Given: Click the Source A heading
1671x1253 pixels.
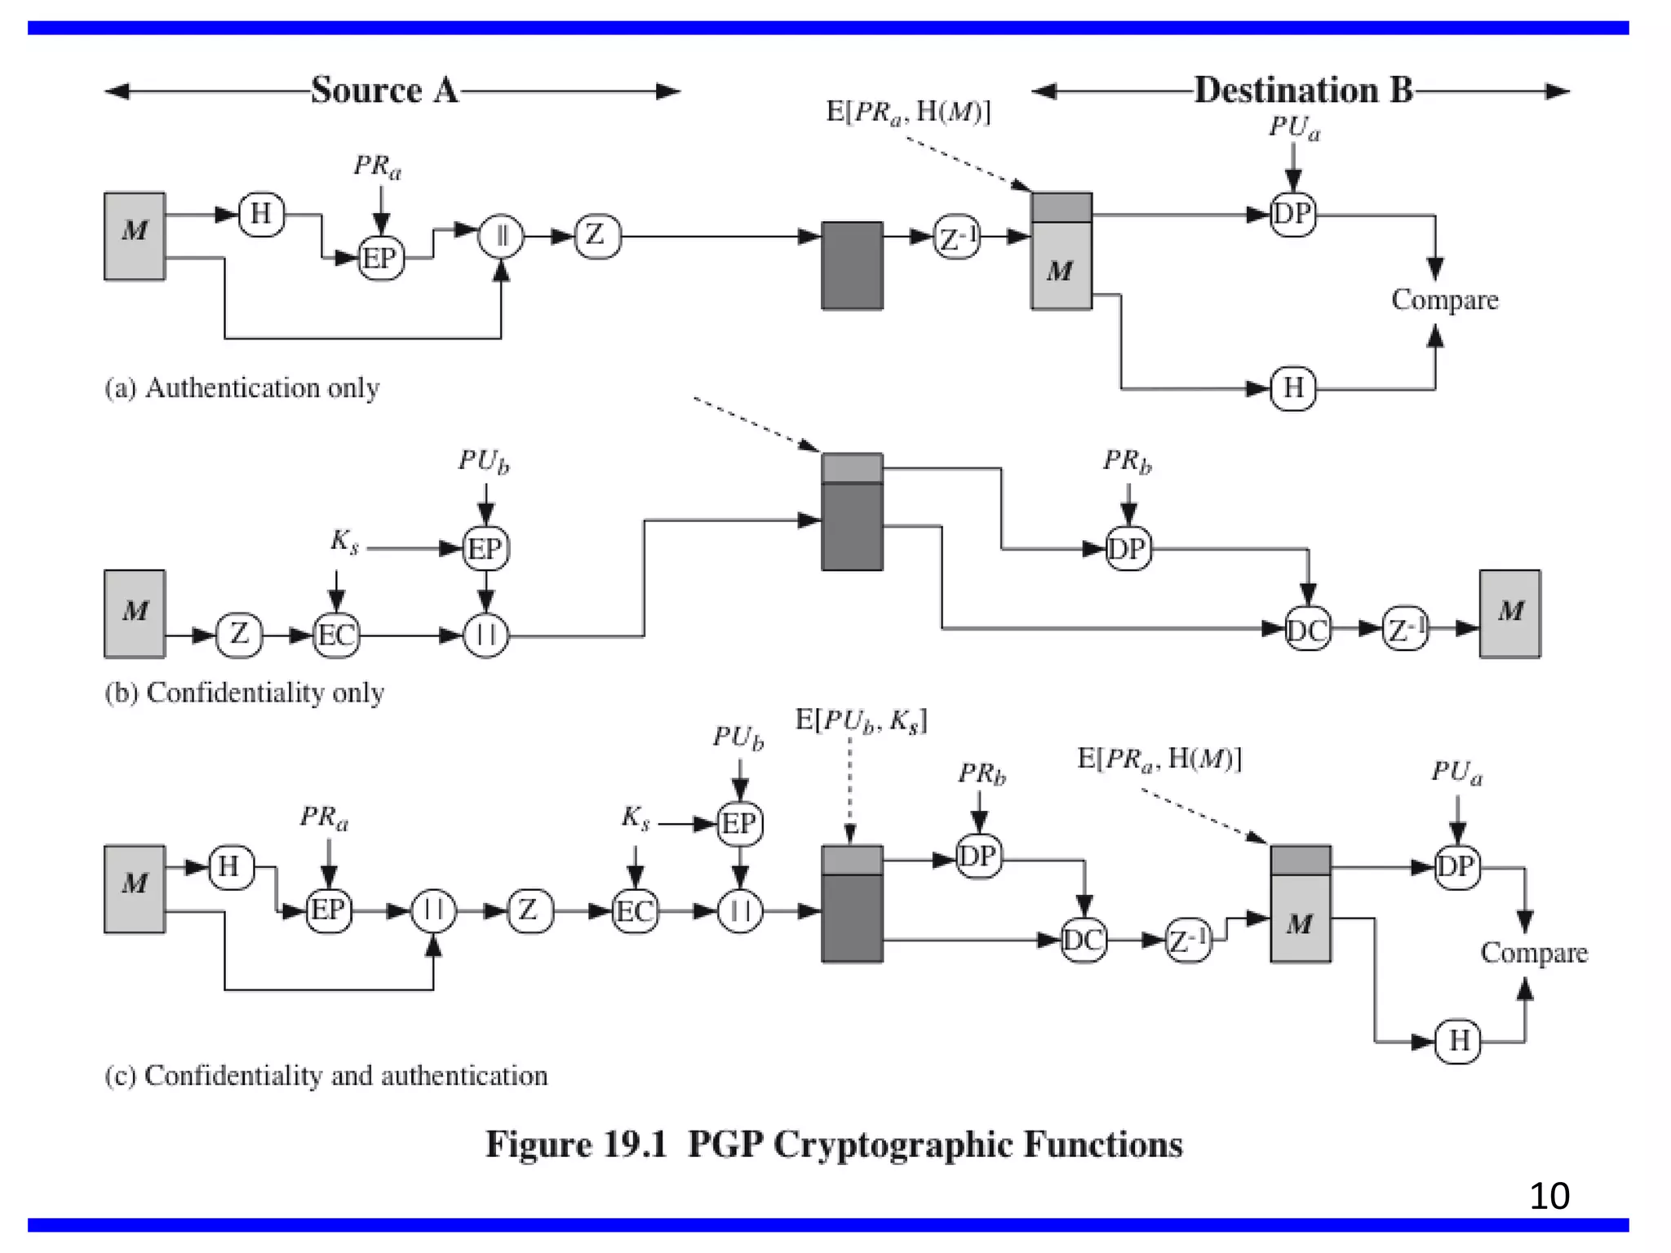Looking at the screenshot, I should pos(383,90).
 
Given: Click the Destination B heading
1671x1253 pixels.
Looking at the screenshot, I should pos(1303,90).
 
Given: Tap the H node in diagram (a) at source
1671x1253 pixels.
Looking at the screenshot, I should pos(261,215).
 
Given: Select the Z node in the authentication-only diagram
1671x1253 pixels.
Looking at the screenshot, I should pos(596,237).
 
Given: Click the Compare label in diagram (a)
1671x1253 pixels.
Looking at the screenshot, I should pos(1444,300).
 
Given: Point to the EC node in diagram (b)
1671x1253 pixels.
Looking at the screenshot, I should pos(336,635).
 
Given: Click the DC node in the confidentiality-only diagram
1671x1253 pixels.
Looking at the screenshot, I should pos(1307,629).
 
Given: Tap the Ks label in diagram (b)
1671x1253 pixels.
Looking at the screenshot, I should pos(344,541).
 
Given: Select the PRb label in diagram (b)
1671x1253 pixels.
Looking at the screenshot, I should pos(1127,461).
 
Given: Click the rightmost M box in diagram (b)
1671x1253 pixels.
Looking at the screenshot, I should pos(1509,613).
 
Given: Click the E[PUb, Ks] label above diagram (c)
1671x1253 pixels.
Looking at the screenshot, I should pos(861,720).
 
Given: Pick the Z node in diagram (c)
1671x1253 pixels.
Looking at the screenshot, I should pos(529,910).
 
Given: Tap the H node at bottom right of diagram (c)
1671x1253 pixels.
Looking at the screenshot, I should pos(1458,1041).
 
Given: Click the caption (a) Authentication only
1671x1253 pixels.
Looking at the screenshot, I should pos(242,387).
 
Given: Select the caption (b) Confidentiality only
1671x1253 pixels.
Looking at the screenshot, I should pos(244,693).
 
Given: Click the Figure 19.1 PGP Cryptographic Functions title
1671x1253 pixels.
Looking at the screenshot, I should pos(834,1144).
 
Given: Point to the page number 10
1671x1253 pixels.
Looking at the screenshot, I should pos(1549,1196).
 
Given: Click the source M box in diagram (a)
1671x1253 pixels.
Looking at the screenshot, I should pos(135,237).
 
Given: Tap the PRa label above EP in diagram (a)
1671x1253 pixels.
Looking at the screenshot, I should pos(377,166).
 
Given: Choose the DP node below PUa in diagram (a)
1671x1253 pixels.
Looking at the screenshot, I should pos(1292,215).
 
